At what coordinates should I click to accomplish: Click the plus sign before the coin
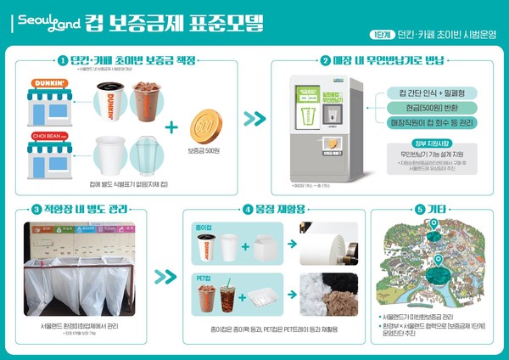pos(172,128)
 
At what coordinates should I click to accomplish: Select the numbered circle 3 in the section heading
pos(36,209)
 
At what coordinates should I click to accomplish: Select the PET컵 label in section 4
pos(204,277)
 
